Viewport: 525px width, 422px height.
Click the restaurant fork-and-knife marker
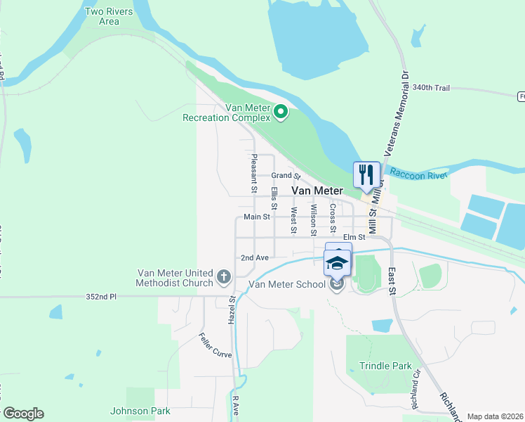365,174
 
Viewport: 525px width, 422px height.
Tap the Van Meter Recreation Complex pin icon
281,112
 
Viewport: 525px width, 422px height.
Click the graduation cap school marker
337,263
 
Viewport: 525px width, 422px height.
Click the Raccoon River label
418,174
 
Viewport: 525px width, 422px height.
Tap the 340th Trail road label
431,88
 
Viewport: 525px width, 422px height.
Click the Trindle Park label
385,366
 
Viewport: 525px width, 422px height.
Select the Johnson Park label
140,411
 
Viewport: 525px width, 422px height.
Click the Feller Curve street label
214,345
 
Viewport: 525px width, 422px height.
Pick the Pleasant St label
254,174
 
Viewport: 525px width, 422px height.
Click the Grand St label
286,175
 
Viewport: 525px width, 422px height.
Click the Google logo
23,414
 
